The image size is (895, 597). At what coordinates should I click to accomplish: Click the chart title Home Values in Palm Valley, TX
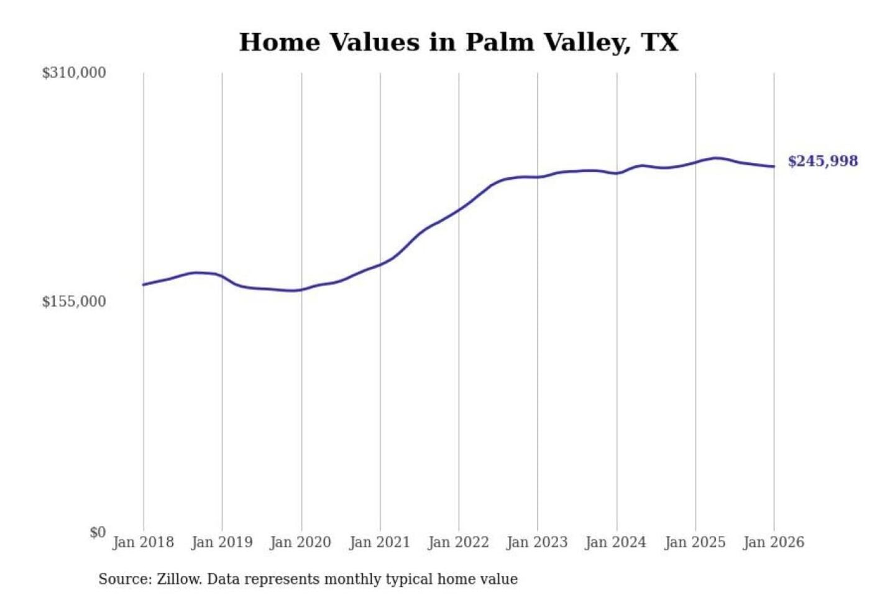coord(458,42)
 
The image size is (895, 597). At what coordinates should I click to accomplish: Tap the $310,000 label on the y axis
coord(74,73)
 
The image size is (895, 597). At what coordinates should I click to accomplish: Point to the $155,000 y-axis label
coord(74,302)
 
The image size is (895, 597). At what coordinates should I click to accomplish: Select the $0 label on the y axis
coord(98,532)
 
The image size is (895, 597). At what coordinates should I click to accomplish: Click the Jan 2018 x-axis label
coord(143,542)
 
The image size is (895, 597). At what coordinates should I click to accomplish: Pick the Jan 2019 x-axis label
coord(222,542)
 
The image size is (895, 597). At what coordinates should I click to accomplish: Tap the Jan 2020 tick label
coord(301,542)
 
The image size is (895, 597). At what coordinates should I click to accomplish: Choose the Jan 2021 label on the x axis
coord(380,542)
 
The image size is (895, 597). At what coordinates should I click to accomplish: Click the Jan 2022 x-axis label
coord(459,542)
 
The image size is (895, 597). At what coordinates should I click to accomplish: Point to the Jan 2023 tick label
coord(537,542)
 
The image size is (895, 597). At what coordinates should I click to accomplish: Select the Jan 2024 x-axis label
coord(616,542)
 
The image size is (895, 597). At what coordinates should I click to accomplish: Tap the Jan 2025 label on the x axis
coord(695,542)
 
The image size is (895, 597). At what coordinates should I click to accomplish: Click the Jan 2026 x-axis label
coord(774,542)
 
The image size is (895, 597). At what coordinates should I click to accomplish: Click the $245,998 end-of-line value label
coord(823,161)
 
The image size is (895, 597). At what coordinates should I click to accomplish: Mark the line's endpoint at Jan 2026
coord(774,166)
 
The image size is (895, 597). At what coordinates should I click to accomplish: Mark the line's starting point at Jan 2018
coord(144,284)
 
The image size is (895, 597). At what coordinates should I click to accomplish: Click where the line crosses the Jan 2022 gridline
coord(459,210)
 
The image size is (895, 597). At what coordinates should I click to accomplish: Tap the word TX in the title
coord(659,42)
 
